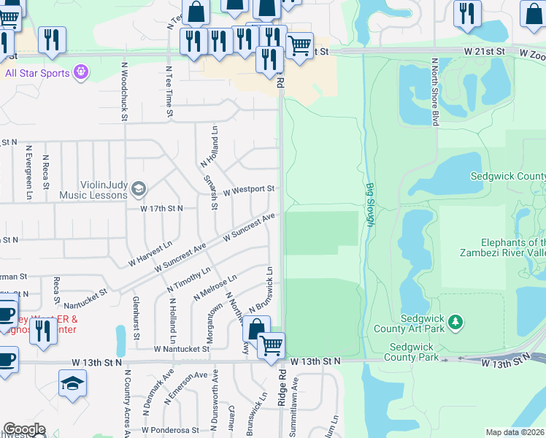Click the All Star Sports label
tap(36, 73)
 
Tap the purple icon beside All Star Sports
tap(81, 73)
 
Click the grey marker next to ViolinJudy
tap(139, 190)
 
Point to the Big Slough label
tap(369, 205)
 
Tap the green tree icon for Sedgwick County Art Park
tap(455, 322)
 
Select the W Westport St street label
tap(248, 190)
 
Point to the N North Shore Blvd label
tap(434, 92)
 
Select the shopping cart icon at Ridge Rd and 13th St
tap(271, 345)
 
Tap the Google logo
tap(24, 429)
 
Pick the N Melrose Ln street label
tap(215, 287)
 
